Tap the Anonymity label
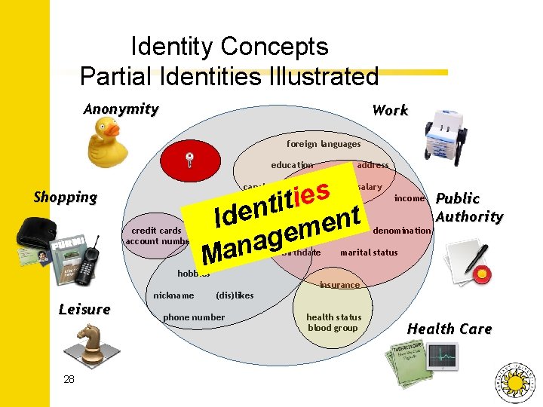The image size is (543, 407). coord(121,109)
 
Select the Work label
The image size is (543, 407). coord(390,110)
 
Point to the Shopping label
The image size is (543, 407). coord(66,197)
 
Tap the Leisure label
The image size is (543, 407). coord(84,309)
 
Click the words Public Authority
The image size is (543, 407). coord(469,207)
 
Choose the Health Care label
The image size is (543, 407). coord(449,329)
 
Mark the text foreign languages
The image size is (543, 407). coord(324,144)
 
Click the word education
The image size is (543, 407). coord(292,165)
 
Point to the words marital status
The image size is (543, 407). coord(368,252)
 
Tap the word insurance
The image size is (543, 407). coord(339,285)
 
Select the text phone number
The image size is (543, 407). coord(194,317)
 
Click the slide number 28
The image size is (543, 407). coord(69,379)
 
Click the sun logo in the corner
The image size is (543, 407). coord(515,381)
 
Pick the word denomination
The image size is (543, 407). coord(402,230)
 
